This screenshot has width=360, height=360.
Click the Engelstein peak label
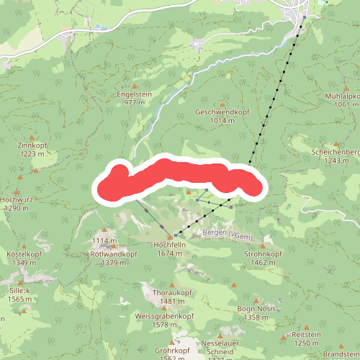point(135,94)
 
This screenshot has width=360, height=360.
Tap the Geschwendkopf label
point(221,112)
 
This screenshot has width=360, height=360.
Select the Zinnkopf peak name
point(32,145)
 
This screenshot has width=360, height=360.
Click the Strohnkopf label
point(261,254)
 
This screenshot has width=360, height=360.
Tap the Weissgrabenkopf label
point(165,316)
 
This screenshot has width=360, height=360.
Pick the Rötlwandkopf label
point(114,254)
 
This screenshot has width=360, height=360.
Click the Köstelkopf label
point(24,254)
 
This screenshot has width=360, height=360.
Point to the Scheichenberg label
point(336,152)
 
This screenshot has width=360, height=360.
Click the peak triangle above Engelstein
point(134,86)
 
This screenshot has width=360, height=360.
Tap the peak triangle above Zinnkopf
point(32,136)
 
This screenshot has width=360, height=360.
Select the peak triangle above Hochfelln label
point(170,236)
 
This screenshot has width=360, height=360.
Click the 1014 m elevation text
point(221,121)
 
